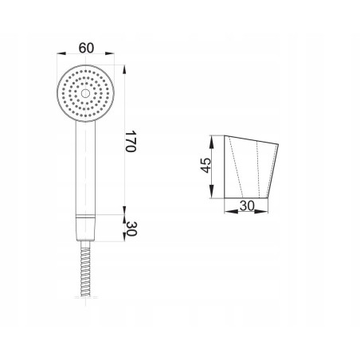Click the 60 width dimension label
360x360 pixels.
(x=86, y=48)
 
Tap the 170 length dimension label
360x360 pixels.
(x=131, y=141)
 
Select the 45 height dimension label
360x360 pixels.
(x=205, y=166)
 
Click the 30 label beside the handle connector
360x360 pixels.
(x=131, y=229)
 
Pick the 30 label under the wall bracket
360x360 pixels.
(x=247, y=205)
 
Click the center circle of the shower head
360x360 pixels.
(x=85, y=93)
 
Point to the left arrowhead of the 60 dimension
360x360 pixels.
(x=61, y=53)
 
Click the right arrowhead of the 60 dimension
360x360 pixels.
(x=110, y=53)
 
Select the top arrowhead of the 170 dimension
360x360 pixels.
(x=124, y=69)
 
